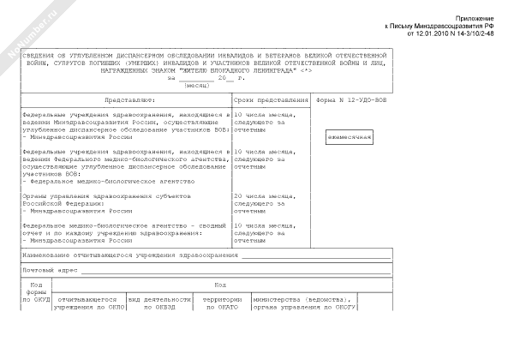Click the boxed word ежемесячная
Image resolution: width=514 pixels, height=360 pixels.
pyautogui.click(x=349, y=136)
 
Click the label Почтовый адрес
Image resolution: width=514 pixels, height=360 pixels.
pyautogui.click(x=51, y=269)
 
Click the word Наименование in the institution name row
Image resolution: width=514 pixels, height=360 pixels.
pyautogui.click(x=52, y=255)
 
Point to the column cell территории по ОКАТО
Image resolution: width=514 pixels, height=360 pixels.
pyautogui.click(x=219, y=303)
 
